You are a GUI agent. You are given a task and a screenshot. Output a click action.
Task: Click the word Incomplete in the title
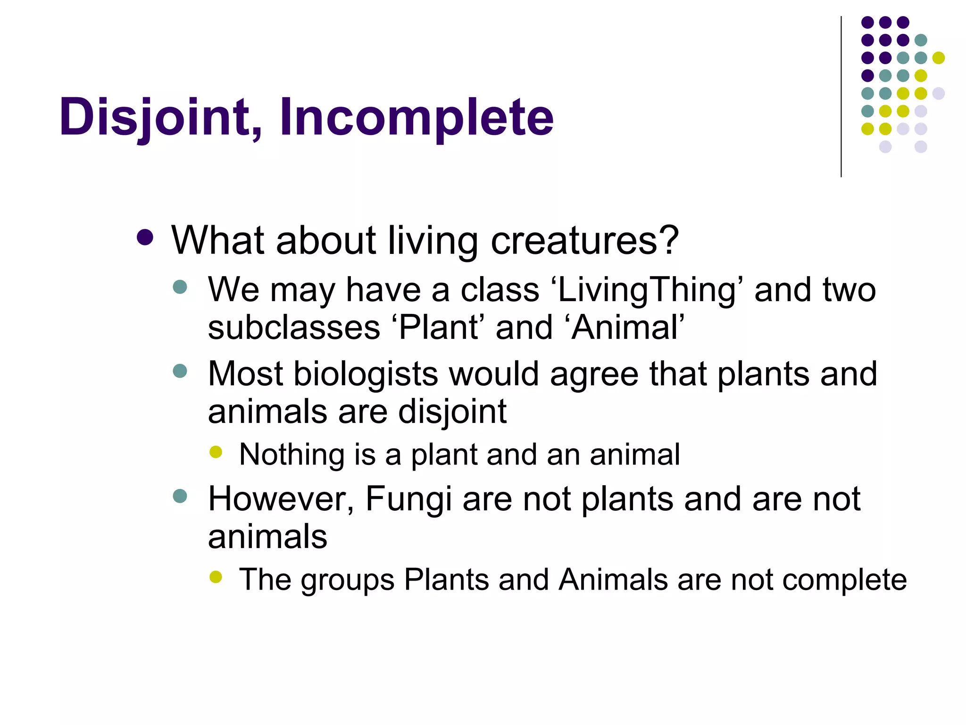tap(416, 117)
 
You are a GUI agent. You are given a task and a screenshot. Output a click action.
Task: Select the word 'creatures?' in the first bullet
tap(585, 241)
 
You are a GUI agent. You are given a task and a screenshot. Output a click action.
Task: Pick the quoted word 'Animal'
tap(627, 328)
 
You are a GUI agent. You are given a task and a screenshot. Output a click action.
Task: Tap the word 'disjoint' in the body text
tap(452, 412)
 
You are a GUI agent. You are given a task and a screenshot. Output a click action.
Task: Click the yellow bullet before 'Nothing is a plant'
tap(216, 452)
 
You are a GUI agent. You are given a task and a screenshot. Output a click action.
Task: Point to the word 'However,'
tap(281, 499)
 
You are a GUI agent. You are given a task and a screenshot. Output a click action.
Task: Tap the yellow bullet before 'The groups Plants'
tap(216, 577)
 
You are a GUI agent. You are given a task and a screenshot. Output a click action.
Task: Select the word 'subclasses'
tap(294, 328)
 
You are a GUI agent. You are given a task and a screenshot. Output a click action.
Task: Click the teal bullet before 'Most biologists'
tap(180, 371)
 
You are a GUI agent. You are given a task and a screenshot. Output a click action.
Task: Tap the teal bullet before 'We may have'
tap(180, 287)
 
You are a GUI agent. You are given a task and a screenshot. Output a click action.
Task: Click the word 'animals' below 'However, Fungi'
tap(267, 537)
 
